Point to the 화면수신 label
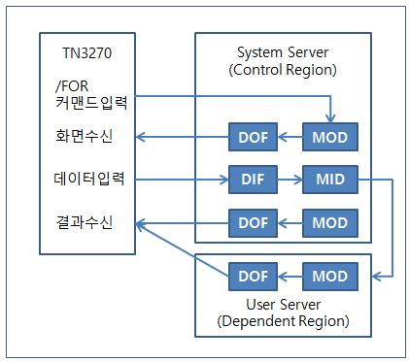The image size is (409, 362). click(83, 136)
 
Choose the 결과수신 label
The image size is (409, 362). click(83, 223)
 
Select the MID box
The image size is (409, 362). click(330, 180)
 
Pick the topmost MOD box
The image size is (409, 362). click(330, 136)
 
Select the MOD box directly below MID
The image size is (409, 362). click(330, 223)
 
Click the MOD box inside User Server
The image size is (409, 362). click(330, 277)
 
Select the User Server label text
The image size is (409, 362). click(286, 303)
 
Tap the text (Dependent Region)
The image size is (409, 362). click(286, 320)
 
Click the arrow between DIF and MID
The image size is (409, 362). click(290, 180)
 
